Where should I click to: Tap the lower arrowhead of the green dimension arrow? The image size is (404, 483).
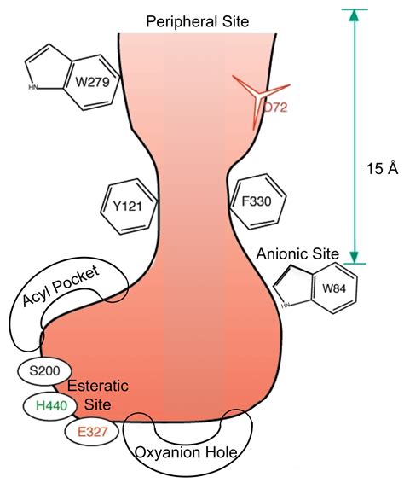click(356, 257)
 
